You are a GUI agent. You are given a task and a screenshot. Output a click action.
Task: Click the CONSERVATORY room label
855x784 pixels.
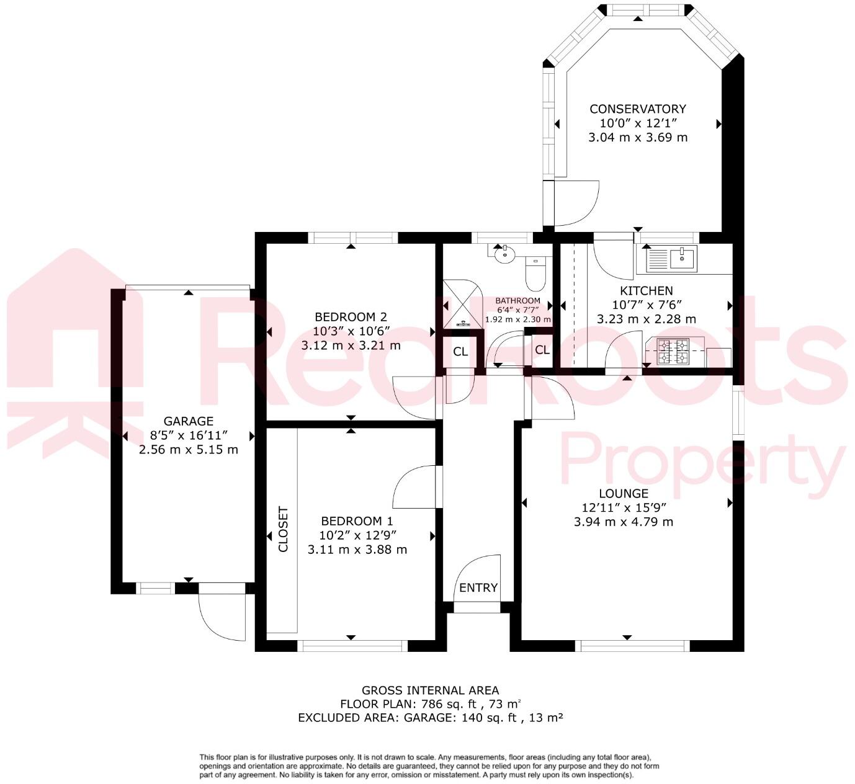pyautogui.click(x=637, y=109)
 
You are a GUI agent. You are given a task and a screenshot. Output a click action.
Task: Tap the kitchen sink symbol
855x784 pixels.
pyautogui.click(x=671, y=259)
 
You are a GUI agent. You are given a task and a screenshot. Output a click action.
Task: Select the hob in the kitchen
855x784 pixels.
pyautogui.click(x=673, y=351)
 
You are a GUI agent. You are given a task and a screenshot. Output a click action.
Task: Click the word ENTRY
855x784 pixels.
pyautogui.click(x=478, y=588)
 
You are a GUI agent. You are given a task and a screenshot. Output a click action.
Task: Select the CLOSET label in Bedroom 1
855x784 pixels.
pyautogui.click(x=283, y=529)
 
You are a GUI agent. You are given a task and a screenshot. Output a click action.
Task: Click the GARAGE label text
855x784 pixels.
pyautogui.click(x=189, y=421)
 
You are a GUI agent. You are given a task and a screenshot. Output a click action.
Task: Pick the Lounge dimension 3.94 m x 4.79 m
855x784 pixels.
pyautogui.click(x=624, y=522)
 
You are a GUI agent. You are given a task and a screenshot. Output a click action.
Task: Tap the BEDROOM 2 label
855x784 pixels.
pyautogui.click(x=351, y=317)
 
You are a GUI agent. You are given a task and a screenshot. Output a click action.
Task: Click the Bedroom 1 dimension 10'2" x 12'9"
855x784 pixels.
pyautogui.click(x=357, y=535)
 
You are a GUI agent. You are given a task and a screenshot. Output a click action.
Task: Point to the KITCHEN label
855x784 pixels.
pyautogui.click(x=646, y=291)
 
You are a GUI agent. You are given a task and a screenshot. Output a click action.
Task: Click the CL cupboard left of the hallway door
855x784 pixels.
pyautogui.click(x=460, y=352)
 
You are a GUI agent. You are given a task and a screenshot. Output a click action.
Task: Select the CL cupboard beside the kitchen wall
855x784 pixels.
pyautogui.click(x=542, y=350)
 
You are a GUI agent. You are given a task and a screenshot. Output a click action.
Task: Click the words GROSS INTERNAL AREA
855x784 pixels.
pyautogui.click(x=430, y=690)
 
